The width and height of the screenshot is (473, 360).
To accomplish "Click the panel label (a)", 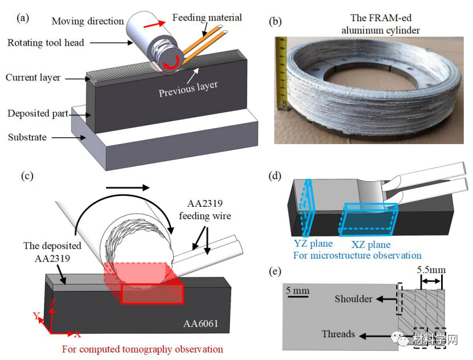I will point(23,18).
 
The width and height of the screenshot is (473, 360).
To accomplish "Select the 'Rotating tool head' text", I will point(46,43).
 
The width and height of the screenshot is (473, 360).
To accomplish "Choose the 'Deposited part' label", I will point(38,113).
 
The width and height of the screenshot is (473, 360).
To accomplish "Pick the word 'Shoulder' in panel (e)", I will point(353,299).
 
